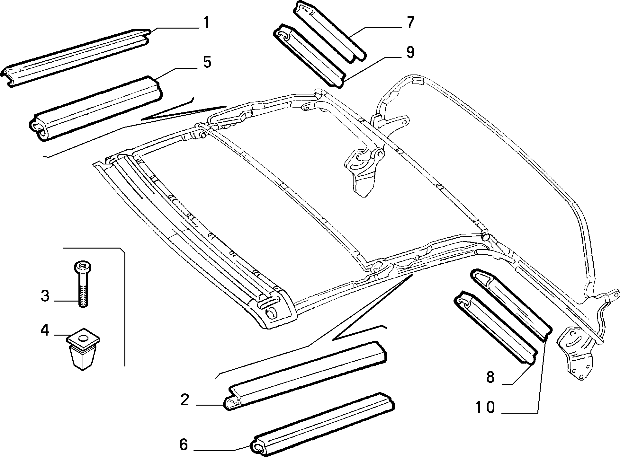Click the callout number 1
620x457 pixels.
[206, 23]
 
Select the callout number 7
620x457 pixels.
[410, 22]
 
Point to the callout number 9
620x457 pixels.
[410, 52]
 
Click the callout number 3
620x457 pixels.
[45, 296]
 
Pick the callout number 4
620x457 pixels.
[45, 330]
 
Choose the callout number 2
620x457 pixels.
[184, 400]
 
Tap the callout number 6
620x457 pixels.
[183, 445]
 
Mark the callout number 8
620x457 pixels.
[490, 377]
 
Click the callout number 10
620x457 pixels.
[485, 408]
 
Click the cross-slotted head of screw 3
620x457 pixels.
[83, 266]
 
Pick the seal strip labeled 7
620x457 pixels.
[329, 31]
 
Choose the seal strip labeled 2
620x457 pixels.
[305, 376]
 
